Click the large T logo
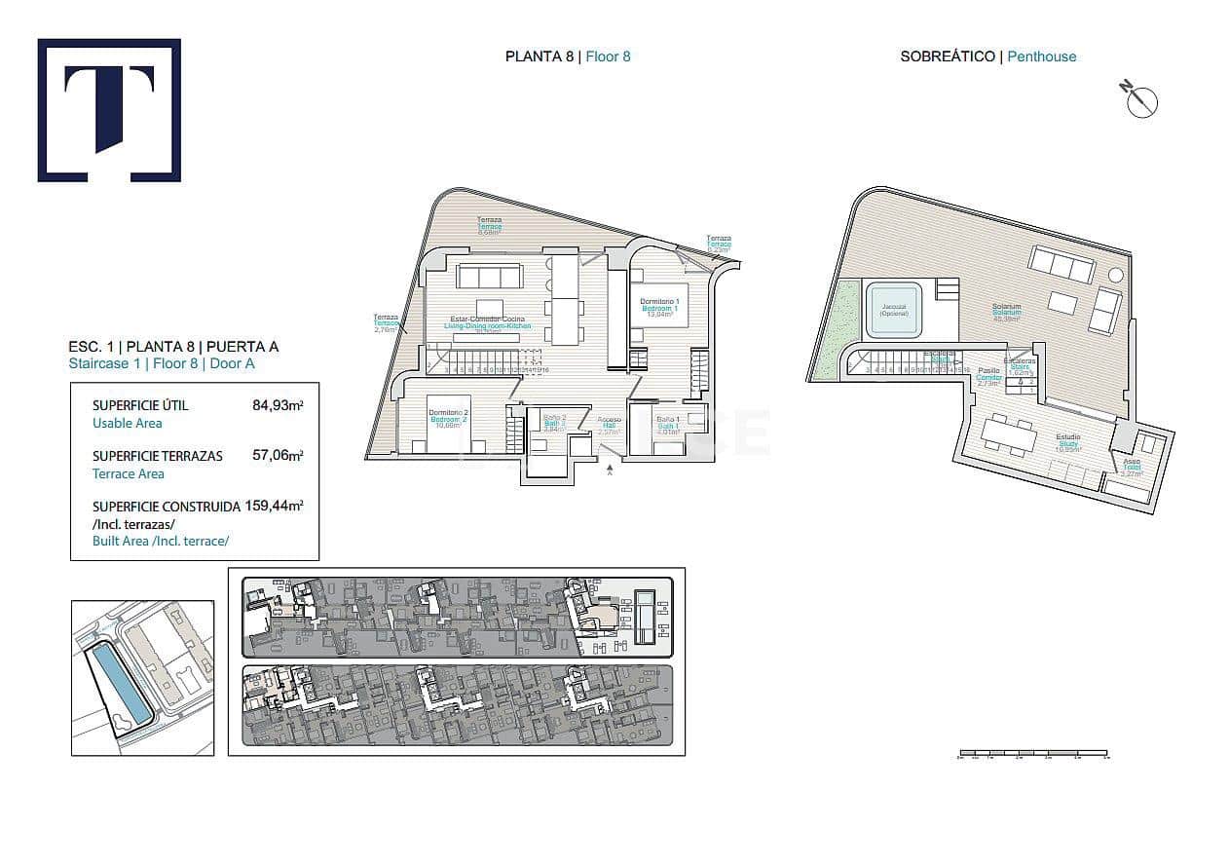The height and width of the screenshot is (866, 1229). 109,110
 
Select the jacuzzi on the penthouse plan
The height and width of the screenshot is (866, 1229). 894,309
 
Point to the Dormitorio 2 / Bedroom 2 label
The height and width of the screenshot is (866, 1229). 449,418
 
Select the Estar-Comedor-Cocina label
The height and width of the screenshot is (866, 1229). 488,321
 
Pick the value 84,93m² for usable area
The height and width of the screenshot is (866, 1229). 277,405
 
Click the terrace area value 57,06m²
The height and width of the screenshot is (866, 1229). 277,455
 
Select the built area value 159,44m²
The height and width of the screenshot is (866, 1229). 275,506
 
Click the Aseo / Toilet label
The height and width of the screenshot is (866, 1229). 1131,465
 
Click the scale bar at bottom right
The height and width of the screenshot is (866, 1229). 1033,753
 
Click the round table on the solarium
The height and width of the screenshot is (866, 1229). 1115,275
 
